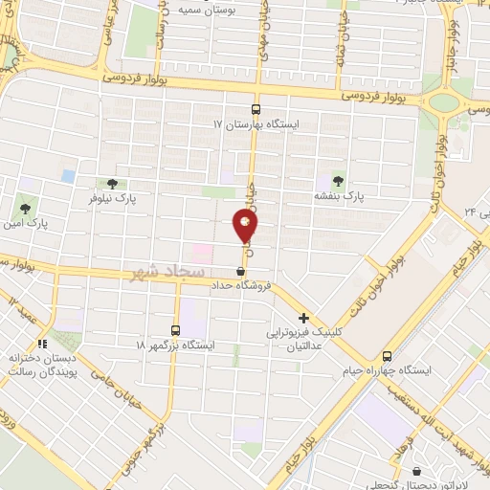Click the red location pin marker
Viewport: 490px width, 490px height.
(245, 226)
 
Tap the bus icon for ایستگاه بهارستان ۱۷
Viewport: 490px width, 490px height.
(256, 109)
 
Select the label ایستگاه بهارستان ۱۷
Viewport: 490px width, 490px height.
(258, 124)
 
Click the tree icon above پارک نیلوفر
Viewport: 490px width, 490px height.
(112, 183)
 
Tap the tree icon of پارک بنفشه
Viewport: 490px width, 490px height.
(337, 178)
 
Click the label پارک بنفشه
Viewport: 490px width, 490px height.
(341, 194)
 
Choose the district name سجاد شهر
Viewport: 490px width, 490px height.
(164, 273)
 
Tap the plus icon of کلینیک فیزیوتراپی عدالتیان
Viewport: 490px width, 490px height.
(304, 318)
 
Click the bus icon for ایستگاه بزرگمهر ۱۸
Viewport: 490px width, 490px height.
(175, 327)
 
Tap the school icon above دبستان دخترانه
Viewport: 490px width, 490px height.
(41, 343)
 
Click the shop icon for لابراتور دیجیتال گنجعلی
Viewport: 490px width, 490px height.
(417, 471)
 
